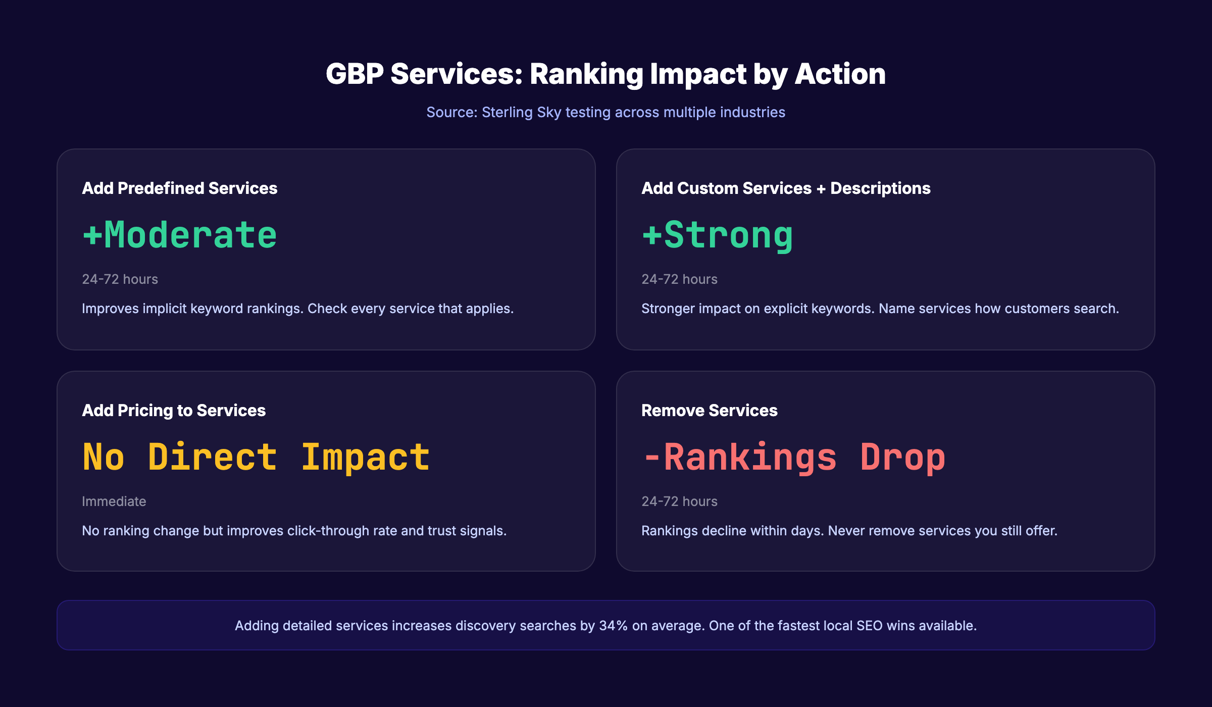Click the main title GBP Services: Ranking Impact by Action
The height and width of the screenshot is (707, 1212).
(605, 74)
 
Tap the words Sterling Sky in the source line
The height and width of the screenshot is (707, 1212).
(521, 112)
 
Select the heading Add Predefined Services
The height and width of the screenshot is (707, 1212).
(179, 188)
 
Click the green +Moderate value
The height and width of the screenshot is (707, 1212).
(180, 235)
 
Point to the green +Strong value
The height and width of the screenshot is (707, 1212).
(717, 235)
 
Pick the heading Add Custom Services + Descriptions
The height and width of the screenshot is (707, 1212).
(785, 188)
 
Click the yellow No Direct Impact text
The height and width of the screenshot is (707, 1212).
(256, 458)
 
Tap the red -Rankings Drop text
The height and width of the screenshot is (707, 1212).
(793, 458)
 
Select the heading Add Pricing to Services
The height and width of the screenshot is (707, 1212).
(174, 411)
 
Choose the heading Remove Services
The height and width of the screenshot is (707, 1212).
(709, 411)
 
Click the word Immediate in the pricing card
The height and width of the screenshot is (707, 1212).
(114, 501)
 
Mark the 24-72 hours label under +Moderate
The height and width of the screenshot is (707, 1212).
(120, 279)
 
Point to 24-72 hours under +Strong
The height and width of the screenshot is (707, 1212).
(679, 279)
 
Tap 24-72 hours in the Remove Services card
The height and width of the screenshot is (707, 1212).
(679, 501)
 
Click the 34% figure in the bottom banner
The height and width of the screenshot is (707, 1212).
(613, 626)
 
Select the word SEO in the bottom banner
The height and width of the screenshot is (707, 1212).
(870, 626)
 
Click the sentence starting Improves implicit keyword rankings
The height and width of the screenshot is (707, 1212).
(297, 309)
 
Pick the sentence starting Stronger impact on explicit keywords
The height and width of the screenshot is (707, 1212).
(880, 309)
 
